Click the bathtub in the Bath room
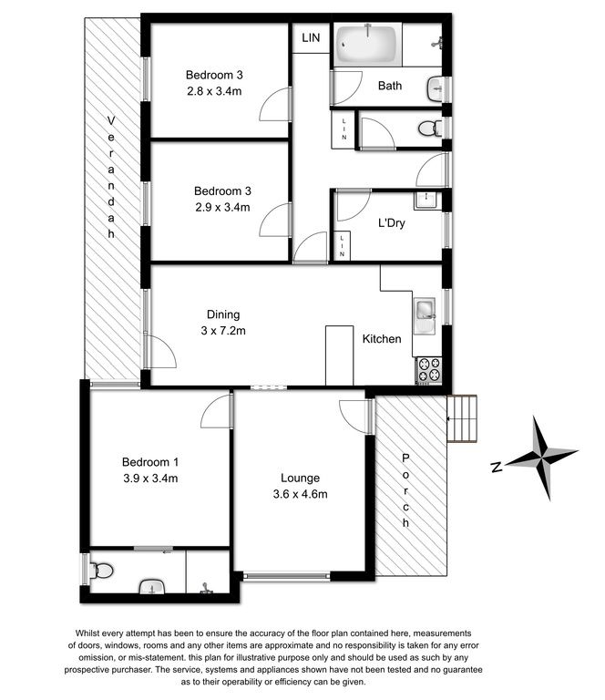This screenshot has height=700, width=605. [367, 44]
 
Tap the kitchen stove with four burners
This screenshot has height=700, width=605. [429, 370]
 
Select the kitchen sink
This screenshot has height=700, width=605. [425, 315]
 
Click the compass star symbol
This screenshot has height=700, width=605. [541, 458]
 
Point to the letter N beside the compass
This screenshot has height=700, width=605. [497, 467]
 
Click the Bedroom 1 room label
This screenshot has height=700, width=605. [150, 461]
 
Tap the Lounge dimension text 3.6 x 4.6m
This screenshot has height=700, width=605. [301, 494]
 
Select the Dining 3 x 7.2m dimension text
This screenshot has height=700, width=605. [223, 331]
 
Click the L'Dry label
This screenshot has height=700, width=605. [392, 222]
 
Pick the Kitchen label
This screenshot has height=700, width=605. [382, 339]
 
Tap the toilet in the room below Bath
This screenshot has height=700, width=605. [430, 129]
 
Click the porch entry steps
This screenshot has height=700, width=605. [462, 418]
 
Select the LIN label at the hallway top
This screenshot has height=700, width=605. [311, 38]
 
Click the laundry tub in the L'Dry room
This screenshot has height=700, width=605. [426, 200]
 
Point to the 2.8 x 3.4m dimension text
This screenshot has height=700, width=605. [214, 91]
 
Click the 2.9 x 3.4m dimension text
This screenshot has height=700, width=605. [222, 207]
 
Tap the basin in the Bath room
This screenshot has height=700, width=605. [436, 88]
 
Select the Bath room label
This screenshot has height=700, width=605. [389, 86]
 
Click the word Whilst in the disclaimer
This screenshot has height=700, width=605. [87, 633]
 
